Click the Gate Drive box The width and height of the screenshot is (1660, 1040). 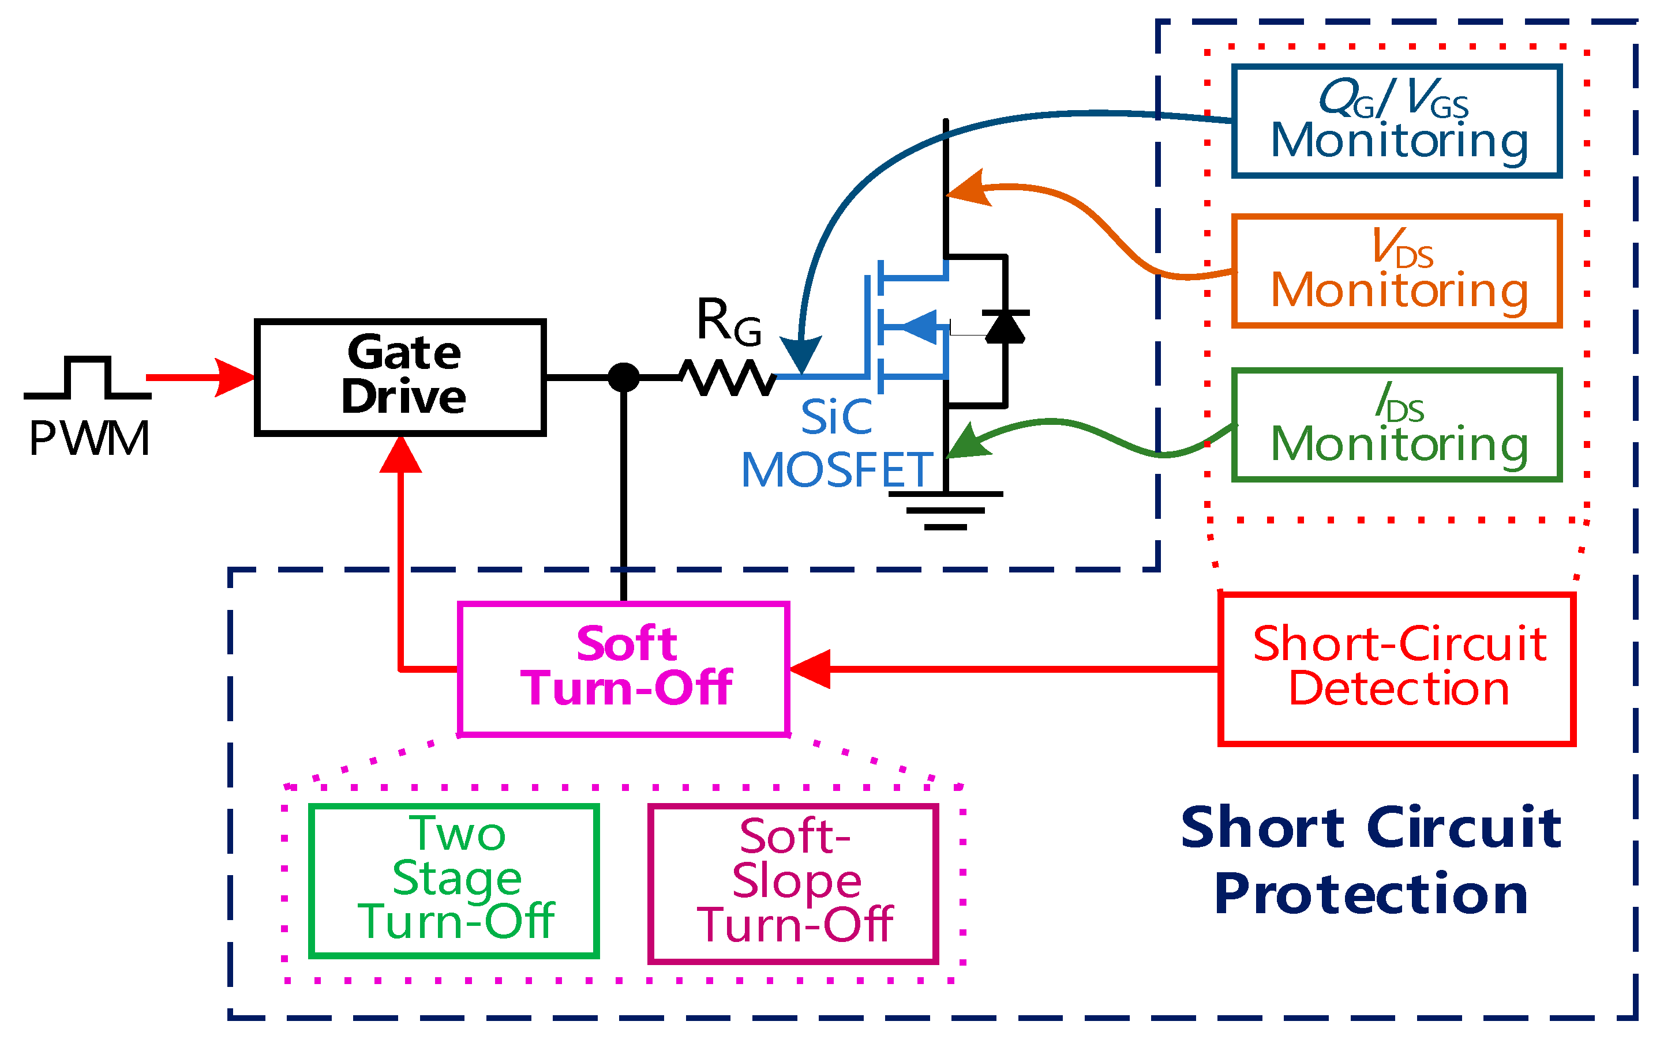[x=400, y=377]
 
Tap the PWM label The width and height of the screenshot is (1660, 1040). [x=89, y=438]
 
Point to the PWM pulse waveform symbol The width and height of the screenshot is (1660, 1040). [x=87, y=378]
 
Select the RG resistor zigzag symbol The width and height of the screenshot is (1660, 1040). [x=728, y=377]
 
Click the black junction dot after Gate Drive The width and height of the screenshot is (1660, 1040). [x=624, y=378]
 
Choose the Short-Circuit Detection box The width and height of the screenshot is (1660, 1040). [x=1396, y=669]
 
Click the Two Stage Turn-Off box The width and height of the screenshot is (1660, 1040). [x=454, y=880]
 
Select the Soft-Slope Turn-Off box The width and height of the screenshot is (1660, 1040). [x=793, y=883]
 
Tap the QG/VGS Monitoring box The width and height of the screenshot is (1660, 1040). [x=1396, y=122]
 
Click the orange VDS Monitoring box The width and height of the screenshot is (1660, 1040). [x=1396, y=271]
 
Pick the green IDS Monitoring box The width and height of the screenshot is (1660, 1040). [x=1396, y=425]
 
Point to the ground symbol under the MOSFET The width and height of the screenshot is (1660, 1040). [x=946, y=510]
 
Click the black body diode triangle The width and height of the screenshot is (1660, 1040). [x=1005, y=327]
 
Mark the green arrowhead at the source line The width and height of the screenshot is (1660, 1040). [x=968, y=442]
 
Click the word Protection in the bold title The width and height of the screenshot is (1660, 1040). [x=1371, y=894]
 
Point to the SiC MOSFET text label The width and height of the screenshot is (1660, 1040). [x=836, y=444]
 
